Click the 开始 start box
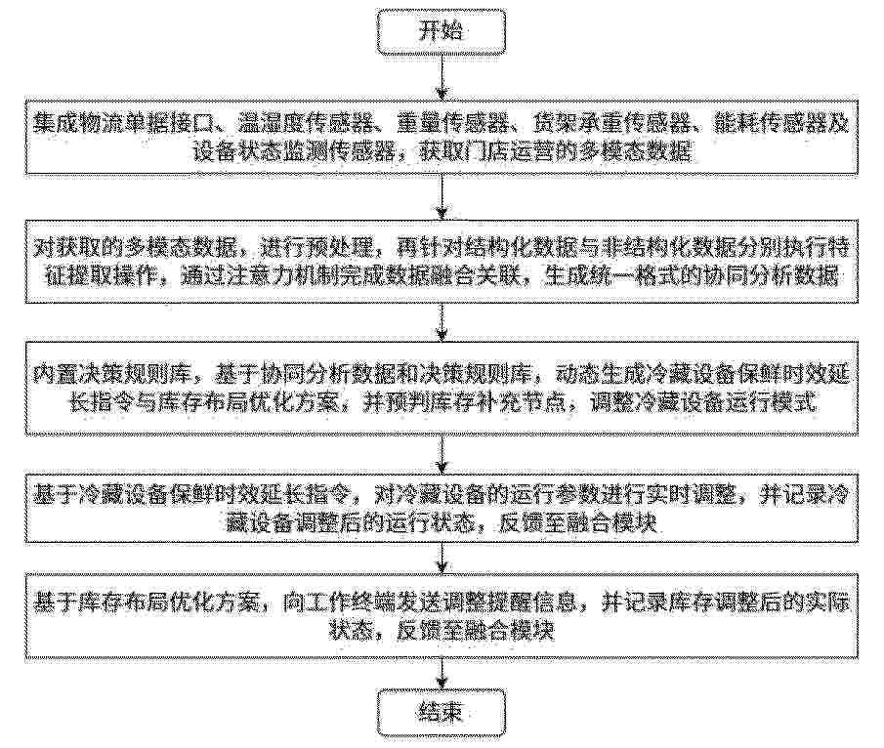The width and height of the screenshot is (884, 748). [442, 30]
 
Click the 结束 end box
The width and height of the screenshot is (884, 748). [442, 713]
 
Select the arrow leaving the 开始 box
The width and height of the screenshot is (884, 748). [442, 77]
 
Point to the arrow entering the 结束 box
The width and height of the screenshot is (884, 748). [442, 674]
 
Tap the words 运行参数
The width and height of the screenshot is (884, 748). [553, 495]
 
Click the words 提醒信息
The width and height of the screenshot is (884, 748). [530, 603]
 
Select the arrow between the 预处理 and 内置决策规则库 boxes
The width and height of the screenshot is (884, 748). [442, 322]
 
